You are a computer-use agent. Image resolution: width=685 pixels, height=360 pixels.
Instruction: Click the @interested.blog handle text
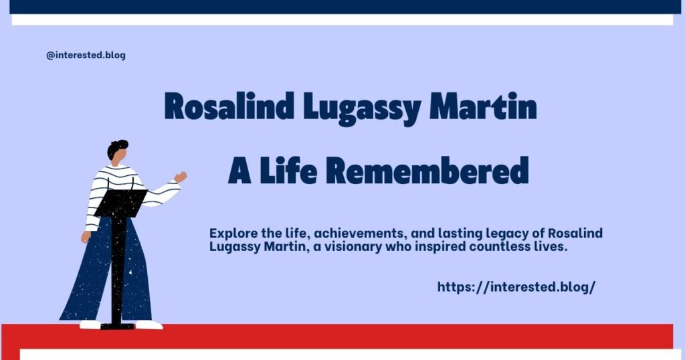86,56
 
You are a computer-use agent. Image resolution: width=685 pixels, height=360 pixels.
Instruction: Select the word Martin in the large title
484,108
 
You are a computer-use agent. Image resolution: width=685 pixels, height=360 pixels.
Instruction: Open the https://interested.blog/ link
516,286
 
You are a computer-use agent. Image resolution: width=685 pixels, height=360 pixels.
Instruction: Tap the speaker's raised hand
180,177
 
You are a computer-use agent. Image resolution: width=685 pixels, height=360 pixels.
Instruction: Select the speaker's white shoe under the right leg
149,325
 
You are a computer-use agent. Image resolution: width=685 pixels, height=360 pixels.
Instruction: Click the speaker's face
118,158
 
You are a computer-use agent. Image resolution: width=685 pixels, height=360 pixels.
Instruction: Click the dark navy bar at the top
342,6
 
